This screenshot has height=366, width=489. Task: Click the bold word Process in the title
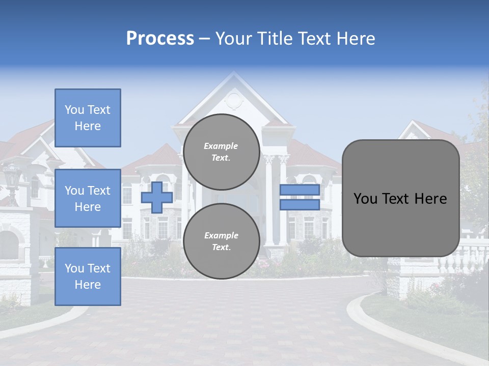tap(160, 39)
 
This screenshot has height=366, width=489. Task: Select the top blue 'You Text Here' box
tap(88, 118)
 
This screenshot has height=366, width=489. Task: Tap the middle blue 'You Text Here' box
tap(88, 198)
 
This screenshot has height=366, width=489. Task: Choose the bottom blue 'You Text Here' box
tap(88, 277)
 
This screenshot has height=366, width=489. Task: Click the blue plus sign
tap(157, 197)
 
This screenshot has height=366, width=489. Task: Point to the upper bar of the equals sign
tap(300, 190)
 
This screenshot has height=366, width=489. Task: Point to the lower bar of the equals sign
tap(300, 205)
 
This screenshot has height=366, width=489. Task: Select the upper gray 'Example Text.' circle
tap(221, 152)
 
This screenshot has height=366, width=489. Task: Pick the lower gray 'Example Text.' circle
tap(221, 241)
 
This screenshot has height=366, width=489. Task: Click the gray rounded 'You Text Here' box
tap(400, 198)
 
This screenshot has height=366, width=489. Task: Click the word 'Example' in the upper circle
tap(221, 146)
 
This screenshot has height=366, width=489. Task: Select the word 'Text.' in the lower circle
tap(221, 248)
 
